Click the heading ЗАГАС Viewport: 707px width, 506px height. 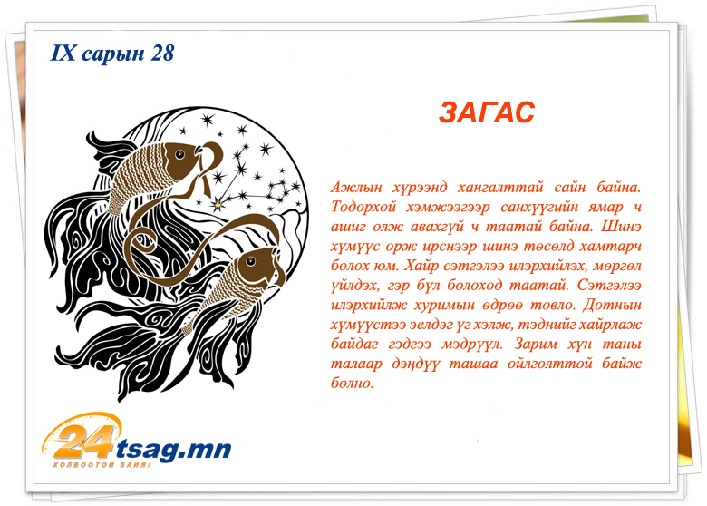pyautogui.click(x=487, y=112)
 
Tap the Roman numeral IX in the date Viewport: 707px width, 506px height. pyautogui.click(x=63, y=53)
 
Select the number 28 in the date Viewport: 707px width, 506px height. pyautogui.click(x=162, y=53)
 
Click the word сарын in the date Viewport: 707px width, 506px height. pyautogui.click(x=113, y=54)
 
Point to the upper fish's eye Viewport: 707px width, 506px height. pyautogui.click(x=179, y=155)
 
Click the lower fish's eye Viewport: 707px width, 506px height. pyautogui.click(x=250, y=260)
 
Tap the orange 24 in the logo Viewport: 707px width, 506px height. pyautogui.click(x=86, y=441)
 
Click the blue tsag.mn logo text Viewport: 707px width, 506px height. pyautogui.click(x=174, y=449)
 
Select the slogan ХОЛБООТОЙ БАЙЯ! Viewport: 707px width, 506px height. pyautogui.click(x=102, y=465)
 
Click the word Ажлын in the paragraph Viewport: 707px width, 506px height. pyautogui.click(x=356, y=187)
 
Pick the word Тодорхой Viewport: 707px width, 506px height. pyautogui.click(x=363, y=207)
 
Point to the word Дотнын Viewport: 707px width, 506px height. pyautogui.click(x=612, y=305)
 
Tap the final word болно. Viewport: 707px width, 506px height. pyautogui.click(x=353, y=384)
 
